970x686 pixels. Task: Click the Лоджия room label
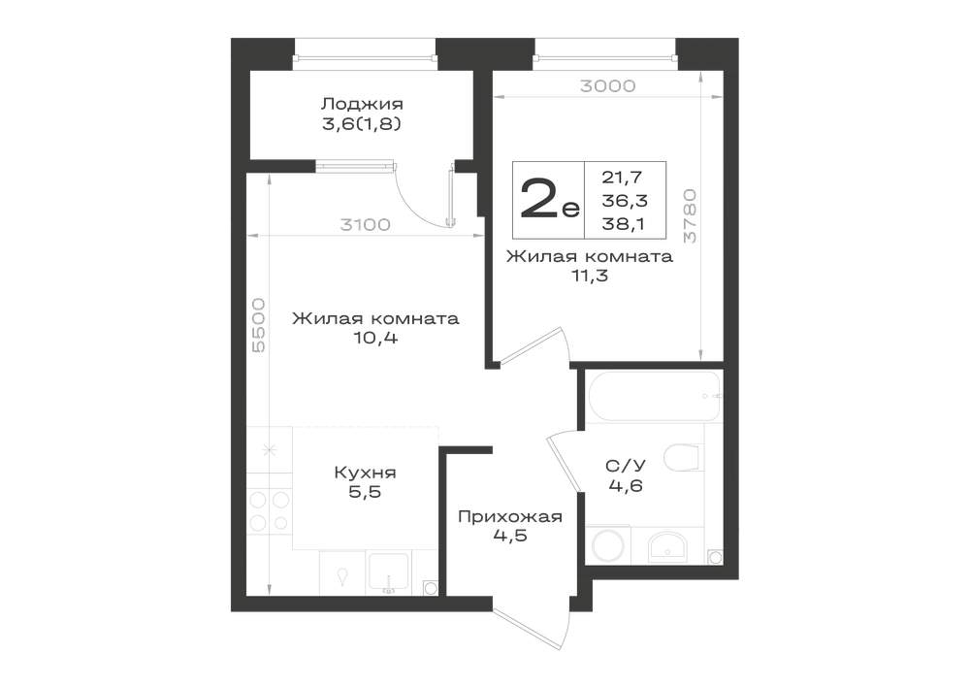pyautogui.click(x=362, y=103)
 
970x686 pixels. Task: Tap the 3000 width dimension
pyautogui.click(x=607, y=85)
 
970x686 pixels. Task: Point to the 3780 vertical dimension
pyautogui.click(x=691, y=215)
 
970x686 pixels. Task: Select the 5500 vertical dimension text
pyautogui.click(x=258, y=325)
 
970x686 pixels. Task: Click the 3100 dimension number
pyautogui.click(x=365, y=224)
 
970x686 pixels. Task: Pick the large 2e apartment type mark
pyautogui.click(x=550, y=198)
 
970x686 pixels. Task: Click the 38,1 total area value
pyautogui.click(x=623, y=224)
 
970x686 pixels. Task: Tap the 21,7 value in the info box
pyautogui.click(x=623, y=178)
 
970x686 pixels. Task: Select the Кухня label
pyautogui.click(x=365, y=474)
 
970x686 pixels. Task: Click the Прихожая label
pyautogui.click(x=510, y=516)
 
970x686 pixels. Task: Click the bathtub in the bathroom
pyautogui.click(x=653, y=396)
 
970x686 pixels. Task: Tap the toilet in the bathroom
pyautogui.click(x=684, y=458)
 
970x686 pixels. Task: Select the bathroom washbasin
pyautogui.click(x=667, y=547)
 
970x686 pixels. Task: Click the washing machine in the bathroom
pyautogui.click(x=607, y=545)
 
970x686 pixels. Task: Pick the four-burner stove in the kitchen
pyautogui.click(x=270, y=510)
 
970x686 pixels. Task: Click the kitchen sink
pyautogui.click(x=387, y=572)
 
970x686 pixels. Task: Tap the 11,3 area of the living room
pyautogui.click(x=590, y=276)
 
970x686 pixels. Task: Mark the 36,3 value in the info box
pyautogui.click(x=625, y=201)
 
